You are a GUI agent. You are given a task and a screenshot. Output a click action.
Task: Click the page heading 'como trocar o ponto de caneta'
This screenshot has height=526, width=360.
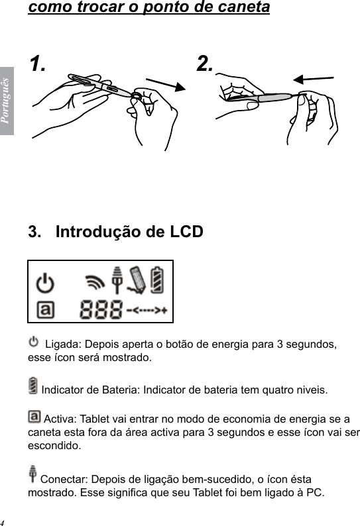pos(149,9)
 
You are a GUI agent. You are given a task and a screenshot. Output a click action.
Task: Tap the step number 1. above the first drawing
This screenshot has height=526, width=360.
pos(38,64)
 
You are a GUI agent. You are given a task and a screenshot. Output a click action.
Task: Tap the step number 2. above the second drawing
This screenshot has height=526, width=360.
pos(206,64)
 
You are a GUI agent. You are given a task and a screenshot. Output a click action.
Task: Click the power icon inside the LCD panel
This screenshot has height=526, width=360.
pos(45,283)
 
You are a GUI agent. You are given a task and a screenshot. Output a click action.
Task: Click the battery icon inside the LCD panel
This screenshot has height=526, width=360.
pos(157,280)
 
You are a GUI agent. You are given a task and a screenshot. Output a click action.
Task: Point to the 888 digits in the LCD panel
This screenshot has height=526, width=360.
pos(101,309)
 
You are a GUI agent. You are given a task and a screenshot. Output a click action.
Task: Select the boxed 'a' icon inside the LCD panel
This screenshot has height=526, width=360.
pos(45,309)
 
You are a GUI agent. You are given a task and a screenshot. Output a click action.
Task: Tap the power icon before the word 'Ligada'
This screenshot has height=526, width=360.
pos(34,342)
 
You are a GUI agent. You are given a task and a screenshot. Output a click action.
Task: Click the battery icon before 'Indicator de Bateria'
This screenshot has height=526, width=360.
pos(33,384)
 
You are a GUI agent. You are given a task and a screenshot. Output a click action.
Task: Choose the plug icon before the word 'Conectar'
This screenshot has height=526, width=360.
pos(33,474)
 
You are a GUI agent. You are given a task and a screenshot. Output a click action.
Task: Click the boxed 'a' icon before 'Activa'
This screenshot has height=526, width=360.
pos(34,417)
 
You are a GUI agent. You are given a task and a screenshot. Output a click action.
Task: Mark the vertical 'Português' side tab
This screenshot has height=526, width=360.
pos(6,100)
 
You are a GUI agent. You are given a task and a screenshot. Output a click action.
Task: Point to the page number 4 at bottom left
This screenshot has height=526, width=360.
pos(3,521)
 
